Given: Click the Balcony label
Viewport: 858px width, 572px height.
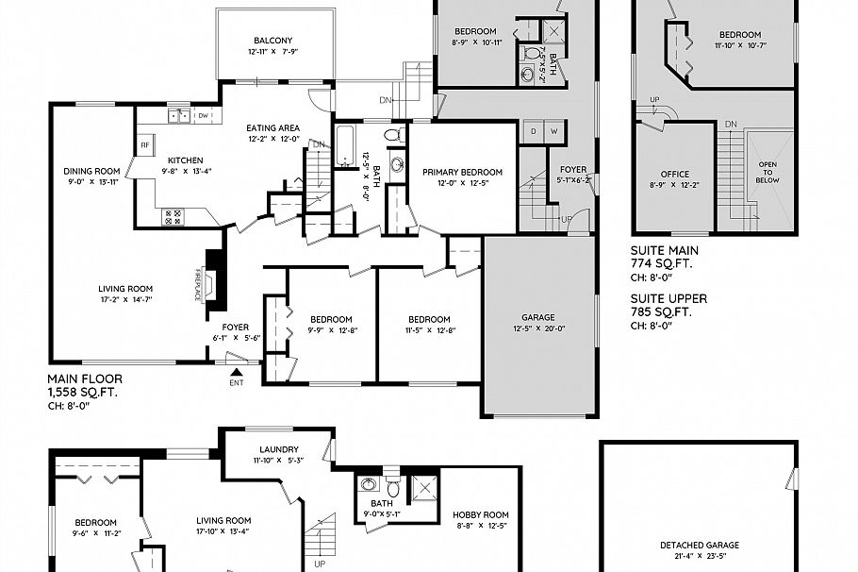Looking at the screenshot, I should pos(272,41).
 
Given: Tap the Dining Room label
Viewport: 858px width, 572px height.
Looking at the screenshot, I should pos(91,171).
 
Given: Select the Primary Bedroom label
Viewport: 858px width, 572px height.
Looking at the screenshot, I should pos(462,172).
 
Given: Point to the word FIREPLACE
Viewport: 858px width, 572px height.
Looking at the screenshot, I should pos(198,282).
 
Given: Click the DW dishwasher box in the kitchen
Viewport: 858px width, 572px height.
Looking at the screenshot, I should pos(203,116).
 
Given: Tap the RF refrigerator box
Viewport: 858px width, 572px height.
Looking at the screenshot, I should pos(145,145).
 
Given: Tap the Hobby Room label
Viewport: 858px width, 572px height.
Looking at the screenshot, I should pos(481,515).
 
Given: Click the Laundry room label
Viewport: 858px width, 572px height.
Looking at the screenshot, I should pos(279,449).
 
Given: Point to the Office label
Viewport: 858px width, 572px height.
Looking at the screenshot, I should pos(674,175).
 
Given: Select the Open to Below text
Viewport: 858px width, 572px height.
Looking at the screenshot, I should pos(767,170).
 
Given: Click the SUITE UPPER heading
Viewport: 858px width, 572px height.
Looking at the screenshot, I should pos(668,298).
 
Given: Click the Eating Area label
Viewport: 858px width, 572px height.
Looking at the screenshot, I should pos(273,128).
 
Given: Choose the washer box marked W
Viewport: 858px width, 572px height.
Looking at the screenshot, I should pos(553,130).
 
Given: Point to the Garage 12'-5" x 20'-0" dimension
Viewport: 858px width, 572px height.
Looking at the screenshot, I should pos(538,329).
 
